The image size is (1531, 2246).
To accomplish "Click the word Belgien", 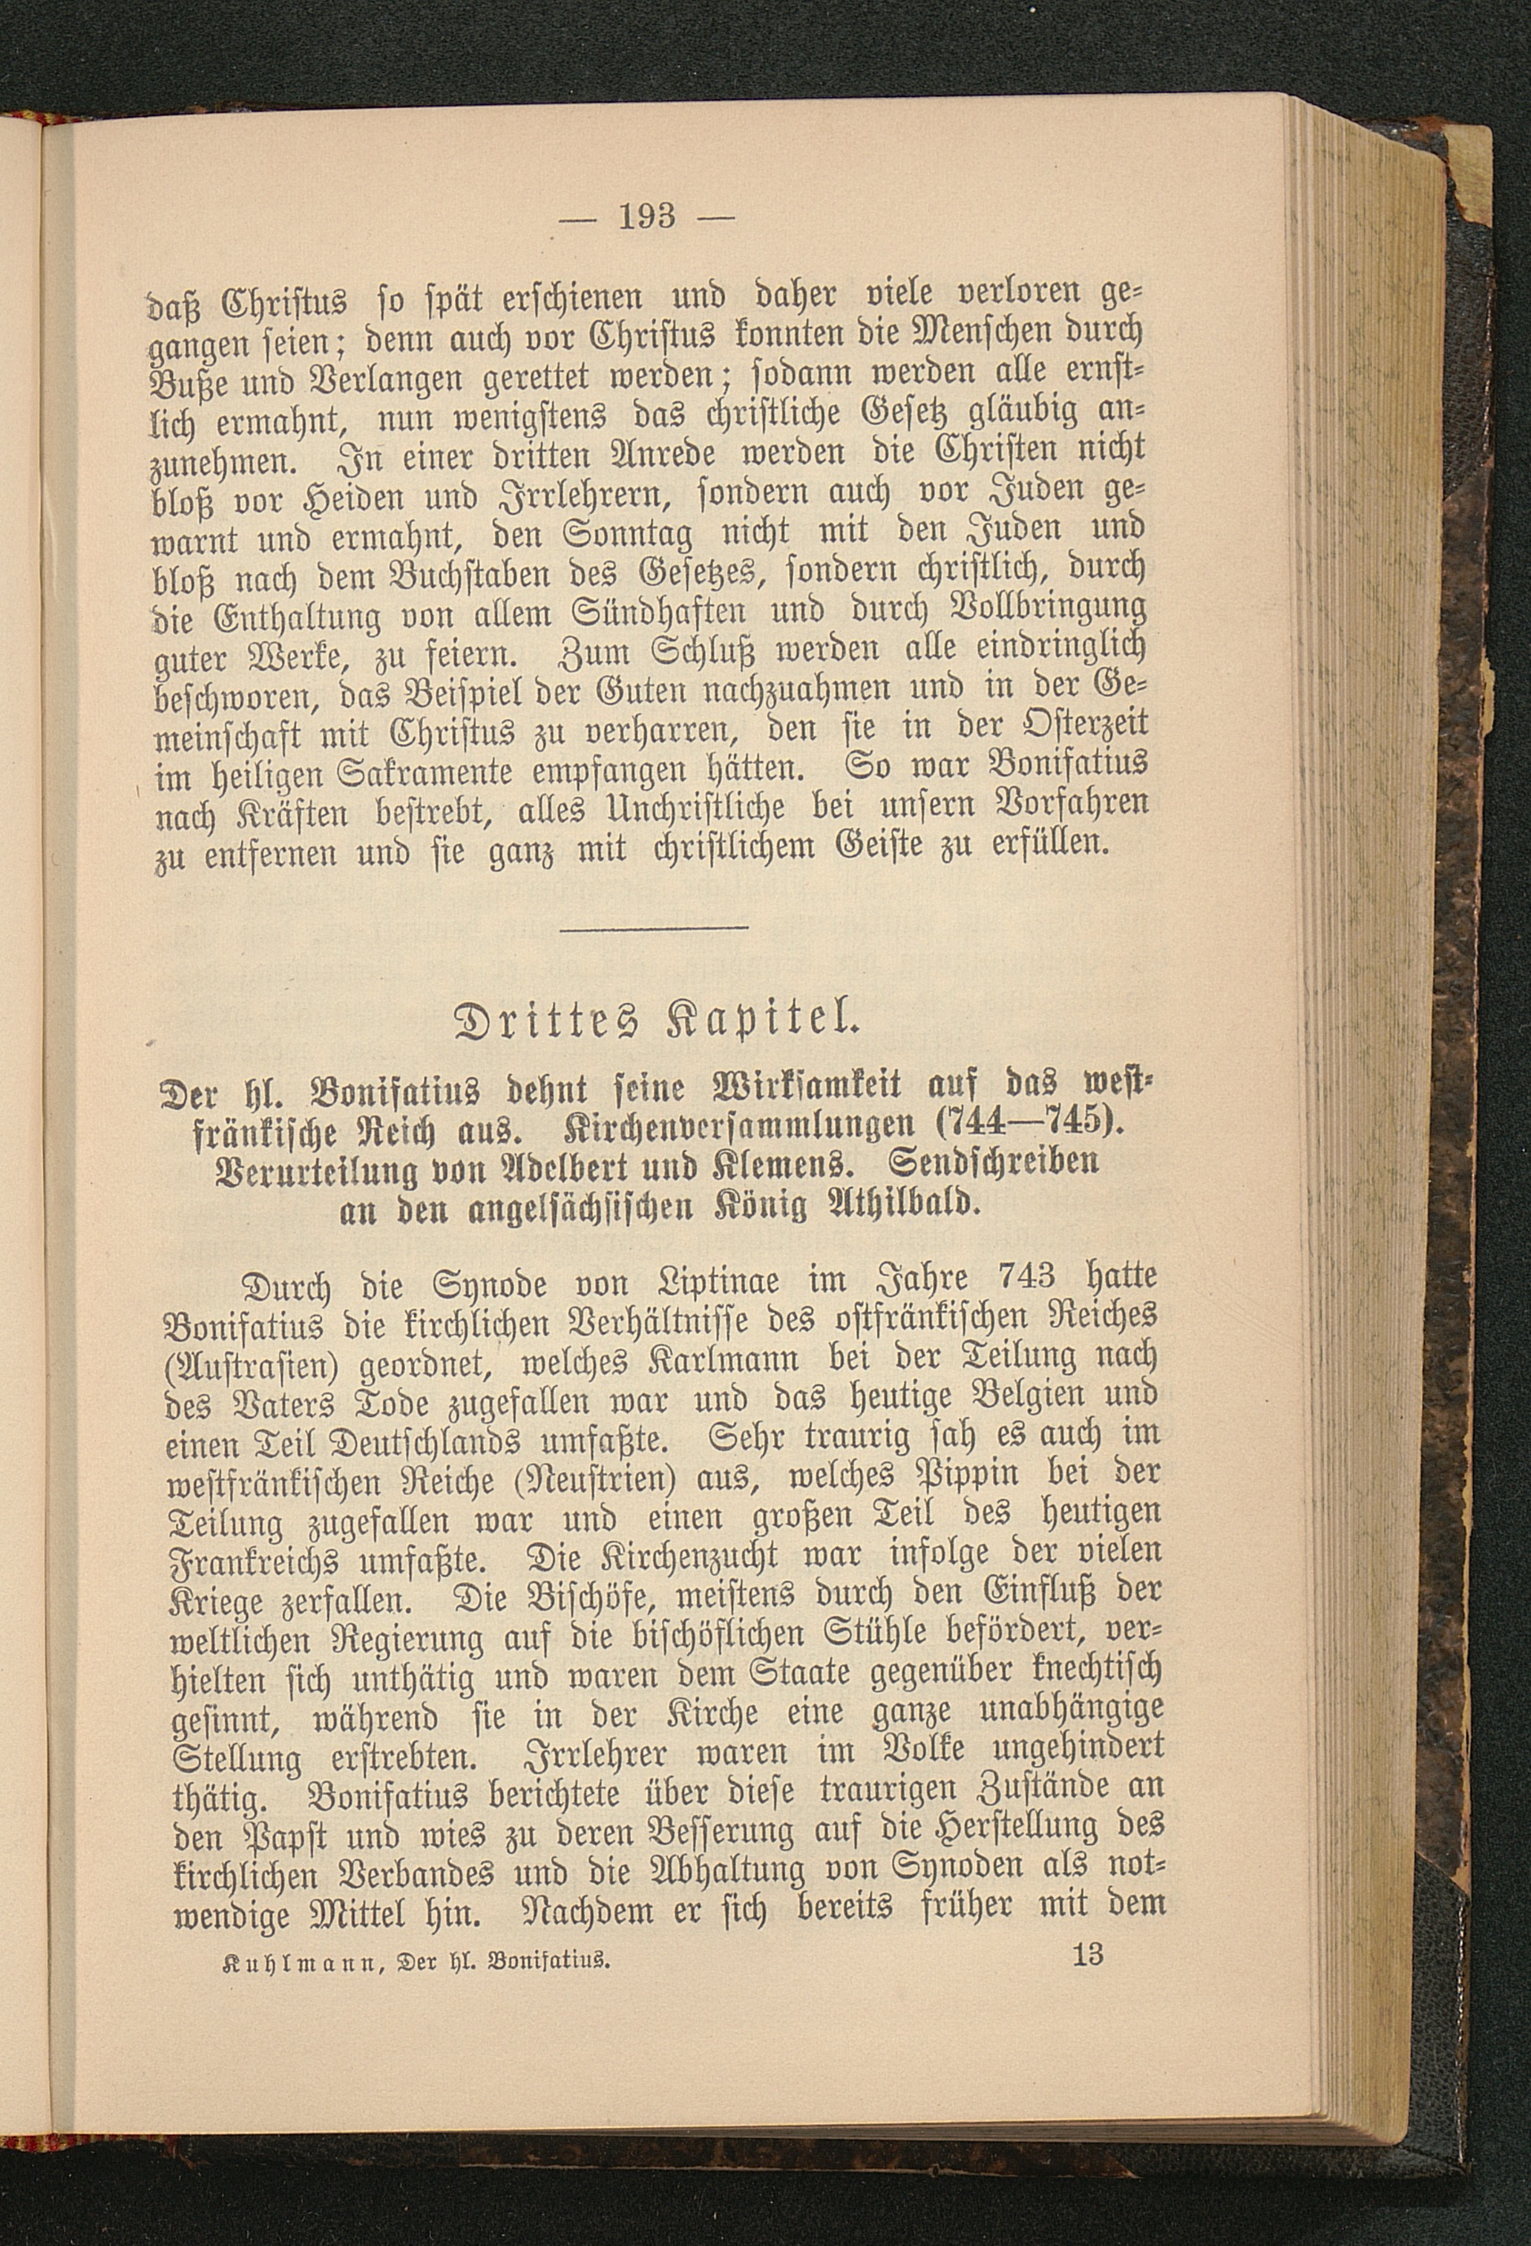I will tap(999, 1401).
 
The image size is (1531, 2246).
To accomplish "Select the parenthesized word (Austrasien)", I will tap(247, 1363).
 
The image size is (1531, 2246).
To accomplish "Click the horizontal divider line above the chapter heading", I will tap(653, 928).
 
